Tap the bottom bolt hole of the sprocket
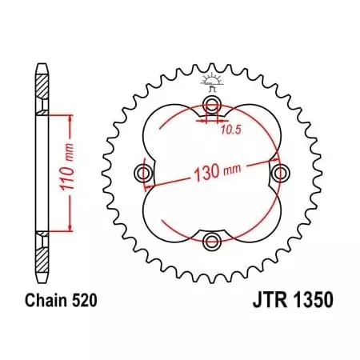(x=211, y=242)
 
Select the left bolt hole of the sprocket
(x=145, y=174)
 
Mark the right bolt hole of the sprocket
(x=279, y=174)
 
